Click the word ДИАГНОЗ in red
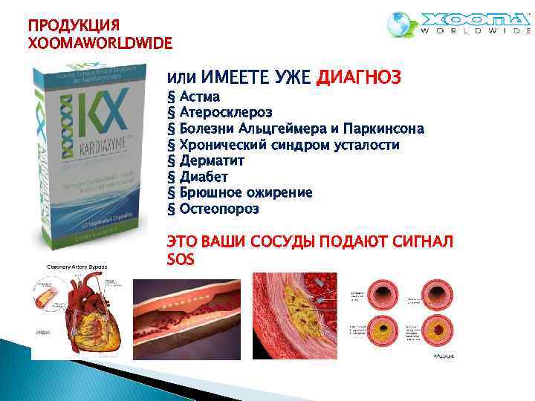point(359,76)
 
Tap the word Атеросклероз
point(226,112)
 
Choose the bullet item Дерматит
point(212,160)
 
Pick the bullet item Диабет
point(204,177)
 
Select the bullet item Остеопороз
point(219,209)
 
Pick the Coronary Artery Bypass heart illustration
point(78,312)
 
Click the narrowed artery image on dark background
point(189,316)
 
